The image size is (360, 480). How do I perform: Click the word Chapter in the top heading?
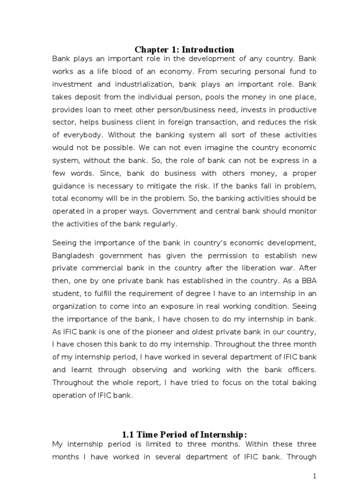150,50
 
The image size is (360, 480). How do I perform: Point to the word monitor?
302,211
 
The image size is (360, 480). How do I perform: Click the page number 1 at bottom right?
315,475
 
